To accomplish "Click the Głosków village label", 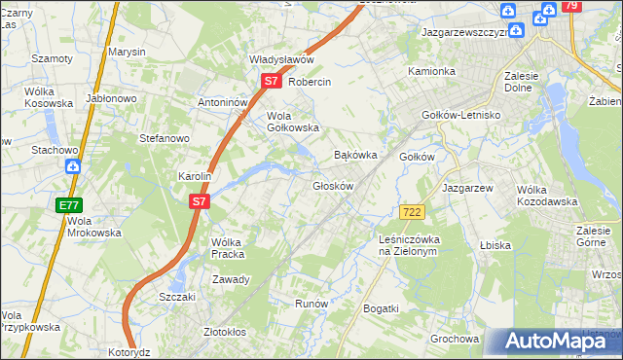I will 332,185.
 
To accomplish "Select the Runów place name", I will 311,304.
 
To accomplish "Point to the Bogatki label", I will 381,308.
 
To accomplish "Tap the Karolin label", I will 195,176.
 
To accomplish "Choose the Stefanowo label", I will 164,138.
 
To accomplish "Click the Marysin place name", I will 127,51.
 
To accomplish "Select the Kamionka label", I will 431,71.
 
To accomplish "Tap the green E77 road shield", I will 69,205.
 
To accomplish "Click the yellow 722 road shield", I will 411,212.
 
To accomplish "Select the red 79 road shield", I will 570,7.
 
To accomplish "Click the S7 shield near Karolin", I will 199,201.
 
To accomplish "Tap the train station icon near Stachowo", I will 74,166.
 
